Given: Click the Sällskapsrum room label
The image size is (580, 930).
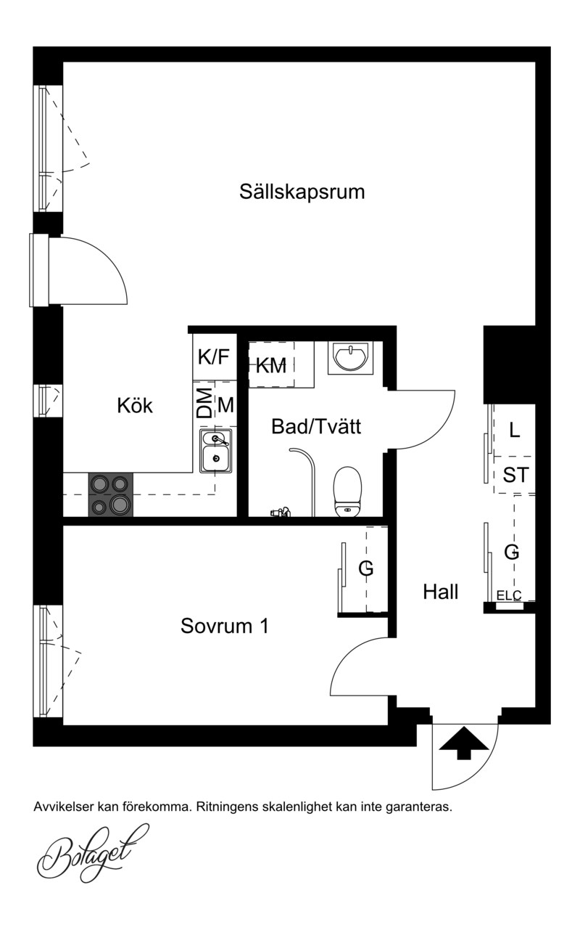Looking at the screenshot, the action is click(x=302, y=192).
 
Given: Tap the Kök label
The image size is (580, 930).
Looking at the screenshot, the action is click(x=135, y=405).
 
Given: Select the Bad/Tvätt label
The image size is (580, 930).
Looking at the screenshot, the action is click(x=316, y=426).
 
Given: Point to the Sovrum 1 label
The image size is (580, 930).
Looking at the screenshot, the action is click(x=225, y=625).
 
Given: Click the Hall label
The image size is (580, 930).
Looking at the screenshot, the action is click(x=440, y=592).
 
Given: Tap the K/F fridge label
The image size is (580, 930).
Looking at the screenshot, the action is click(x=213, y=356).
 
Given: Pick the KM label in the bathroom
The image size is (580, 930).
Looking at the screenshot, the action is click(x=271, y=366).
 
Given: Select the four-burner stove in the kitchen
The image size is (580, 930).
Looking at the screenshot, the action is click(x=111, y=494).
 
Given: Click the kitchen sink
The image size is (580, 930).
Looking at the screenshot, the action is click(x=215, y=451).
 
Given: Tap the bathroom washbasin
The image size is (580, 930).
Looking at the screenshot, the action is click(x=350, y=357).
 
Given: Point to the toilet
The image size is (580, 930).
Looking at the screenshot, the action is click(x=347, y=492).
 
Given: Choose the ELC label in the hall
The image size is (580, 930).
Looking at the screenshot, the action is click(x=509, y=596).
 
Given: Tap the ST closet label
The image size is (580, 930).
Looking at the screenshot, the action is click(x=515, y=475).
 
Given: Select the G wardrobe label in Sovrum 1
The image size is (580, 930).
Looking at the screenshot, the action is click(x=366, y=568).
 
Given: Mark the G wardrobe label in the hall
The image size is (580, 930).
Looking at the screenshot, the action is click(x=512, y=552).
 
